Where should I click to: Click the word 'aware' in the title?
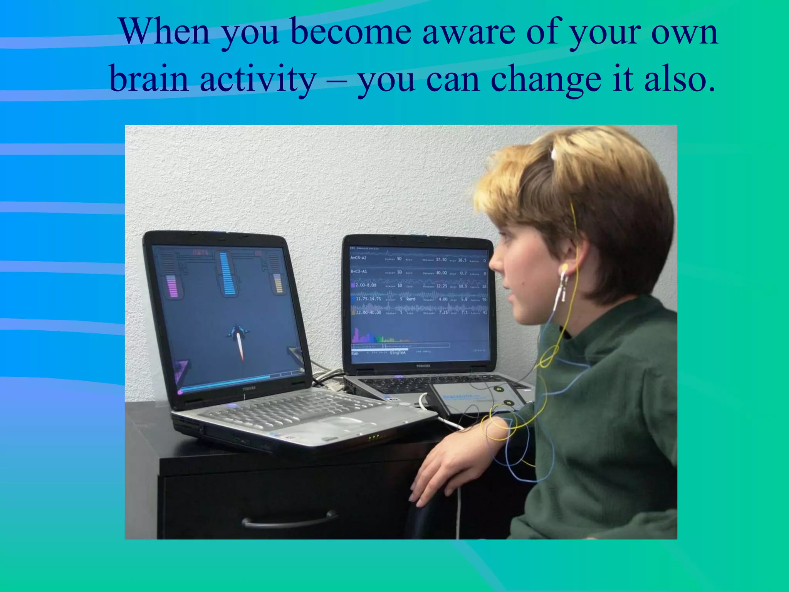468,32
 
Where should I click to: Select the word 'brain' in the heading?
149,79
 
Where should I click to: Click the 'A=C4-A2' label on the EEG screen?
359,258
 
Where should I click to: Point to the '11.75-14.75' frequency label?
368,299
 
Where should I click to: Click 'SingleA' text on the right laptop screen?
398,353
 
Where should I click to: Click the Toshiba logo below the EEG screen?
423,366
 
